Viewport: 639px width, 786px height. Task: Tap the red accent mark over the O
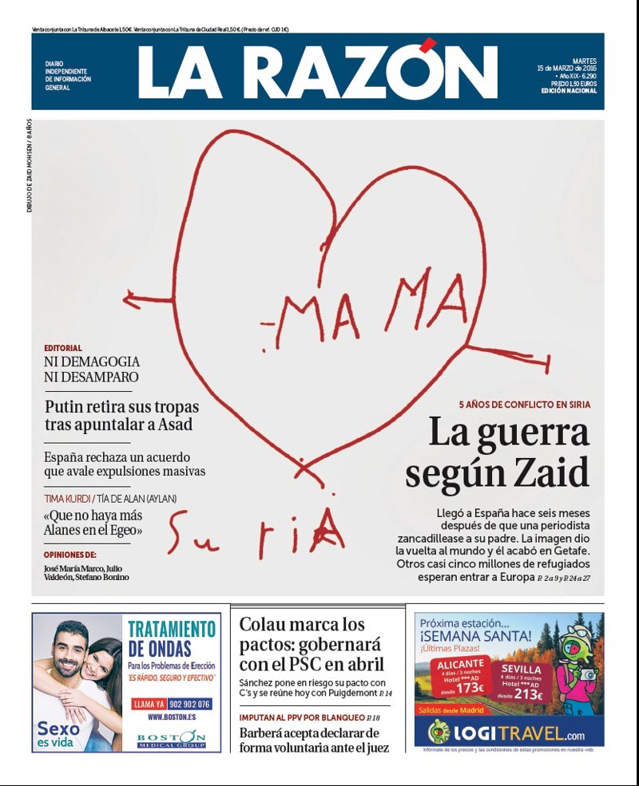[x=429, y=44]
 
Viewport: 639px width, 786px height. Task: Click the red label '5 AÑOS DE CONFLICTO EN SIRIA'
[x=525, y=405]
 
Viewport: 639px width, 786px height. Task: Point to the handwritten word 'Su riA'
[x=256, y=535]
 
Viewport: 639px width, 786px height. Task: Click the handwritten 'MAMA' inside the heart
[x=375, y=307]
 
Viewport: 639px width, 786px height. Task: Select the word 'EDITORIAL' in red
[x=63, y=348]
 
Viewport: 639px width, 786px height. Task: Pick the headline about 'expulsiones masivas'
[x=125, y=464]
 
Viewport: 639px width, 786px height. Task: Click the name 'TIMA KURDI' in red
[x=67, y=499]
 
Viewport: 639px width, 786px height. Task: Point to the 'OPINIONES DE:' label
[x=70, y=554]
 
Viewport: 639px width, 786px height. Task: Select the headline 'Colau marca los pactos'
[x=312, y=643]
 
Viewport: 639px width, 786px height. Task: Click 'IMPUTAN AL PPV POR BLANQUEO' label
[x=301, y=717]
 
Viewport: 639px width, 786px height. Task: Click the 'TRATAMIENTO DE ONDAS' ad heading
[x=172, y=638]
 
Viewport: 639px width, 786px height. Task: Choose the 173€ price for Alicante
[x=470, y=688]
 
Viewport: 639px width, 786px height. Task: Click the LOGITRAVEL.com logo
[x=509, y=731]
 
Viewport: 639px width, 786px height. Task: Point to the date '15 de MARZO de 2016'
[x=566, y=68]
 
